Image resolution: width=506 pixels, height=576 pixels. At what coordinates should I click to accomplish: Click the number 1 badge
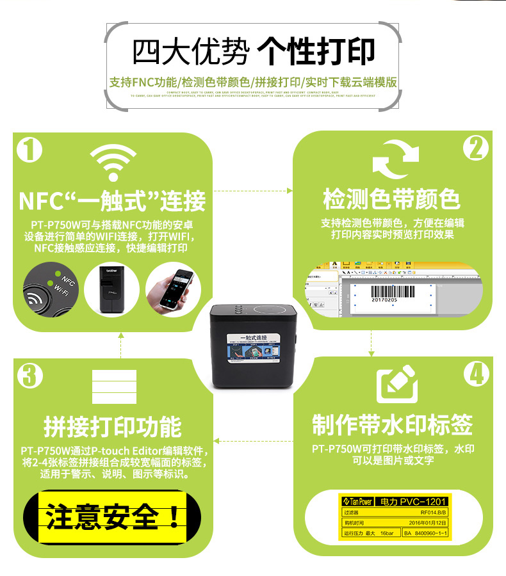point(28,150)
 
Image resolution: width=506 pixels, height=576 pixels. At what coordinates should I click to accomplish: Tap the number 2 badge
point(476,148)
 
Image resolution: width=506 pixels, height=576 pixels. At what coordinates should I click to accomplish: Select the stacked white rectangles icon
point(114,387)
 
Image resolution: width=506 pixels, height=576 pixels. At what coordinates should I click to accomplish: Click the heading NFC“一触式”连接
point(113,201)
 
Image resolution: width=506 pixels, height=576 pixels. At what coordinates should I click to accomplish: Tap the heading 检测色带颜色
point(392,200)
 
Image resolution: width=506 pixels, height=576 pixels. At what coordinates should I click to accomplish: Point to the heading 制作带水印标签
point(392,424)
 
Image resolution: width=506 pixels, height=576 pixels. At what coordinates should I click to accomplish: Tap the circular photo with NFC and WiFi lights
point(51,289)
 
